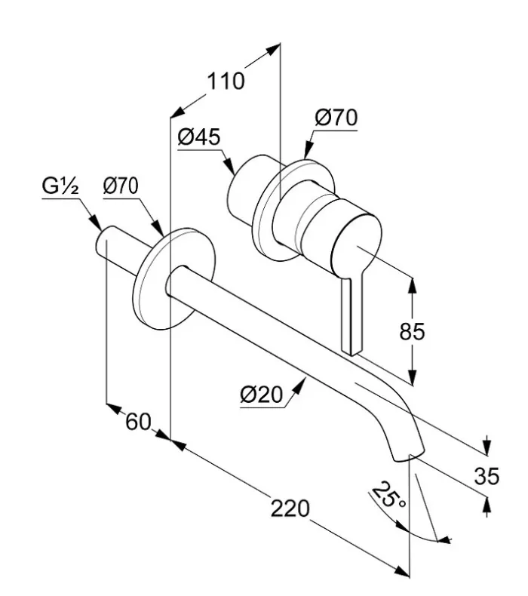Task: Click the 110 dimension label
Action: (x=227, y=81)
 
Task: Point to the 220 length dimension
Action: (x=290, y=508)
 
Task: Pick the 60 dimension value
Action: (x=138, y=422)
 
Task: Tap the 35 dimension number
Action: (x=487, y=475)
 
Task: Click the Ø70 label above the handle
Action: (x=336, y=118)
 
